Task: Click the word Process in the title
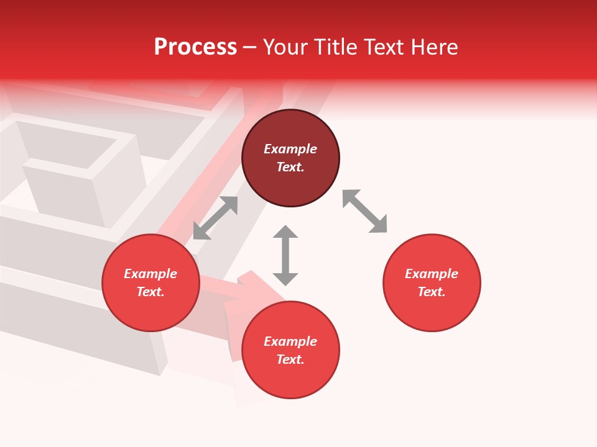tap(195, 47)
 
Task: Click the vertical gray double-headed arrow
tap(285, 255)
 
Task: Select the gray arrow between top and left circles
tap(215, 218)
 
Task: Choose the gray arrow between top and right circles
tap(365, 211)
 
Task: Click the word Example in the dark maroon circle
tap(290, 149)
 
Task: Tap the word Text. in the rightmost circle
tap(432, 292)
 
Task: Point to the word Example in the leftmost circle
tap(150, 274)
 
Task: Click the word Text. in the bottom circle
tap(290, 359)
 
